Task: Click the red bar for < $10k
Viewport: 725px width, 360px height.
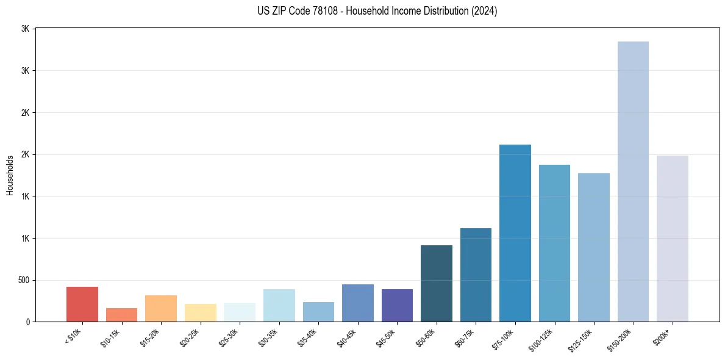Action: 82,304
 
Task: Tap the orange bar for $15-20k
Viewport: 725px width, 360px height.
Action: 161,308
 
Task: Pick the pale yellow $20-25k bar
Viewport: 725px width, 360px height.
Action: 200,312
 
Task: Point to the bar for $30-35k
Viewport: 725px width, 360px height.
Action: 279,305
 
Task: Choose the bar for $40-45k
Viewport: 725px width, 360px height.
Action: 357,303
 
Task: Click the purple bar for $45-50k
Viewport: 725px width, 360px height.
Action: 397,305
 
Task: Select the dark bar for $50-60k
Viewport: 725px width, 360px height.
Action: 437,283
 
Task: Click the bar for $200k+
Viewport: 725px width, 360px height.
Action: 673,239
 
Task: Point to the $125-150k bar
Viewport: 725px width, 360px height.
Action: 594,247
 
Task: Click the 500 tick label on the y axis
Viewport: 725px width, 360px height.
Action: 24,280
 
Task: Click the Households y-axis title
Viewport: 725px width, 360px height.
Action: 10,175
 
